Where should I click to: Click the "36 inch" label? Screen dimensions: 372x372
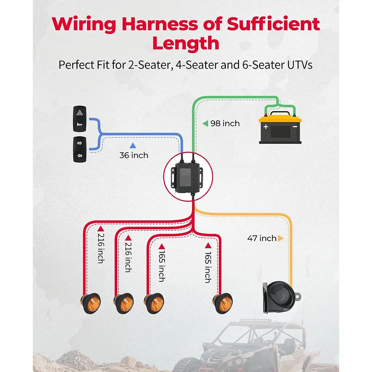tap(134, 155)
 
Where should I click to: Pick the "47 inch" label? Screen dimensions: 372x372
tap(262, 239)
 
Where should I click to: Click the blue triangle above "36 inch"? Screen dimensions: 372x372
tap(133, 146)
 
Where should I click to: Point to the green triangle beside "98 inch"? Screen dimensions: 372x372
tap(205, 123)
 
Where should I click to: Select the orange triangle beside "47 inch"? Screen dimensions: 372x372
tap(280, 239)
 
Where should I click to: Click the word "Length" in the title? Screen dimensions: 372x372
tap(186, 43)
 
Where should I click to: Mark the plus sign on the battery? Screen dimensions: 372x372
tap(266, 127)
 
